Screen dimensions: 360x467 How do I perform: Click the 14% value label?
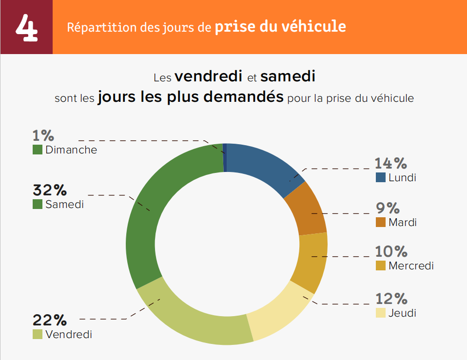(390, 164)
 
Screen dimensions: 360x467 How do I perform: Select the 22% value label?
(49, 320)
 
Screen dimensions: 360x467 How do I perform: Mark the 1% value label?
(43, 135)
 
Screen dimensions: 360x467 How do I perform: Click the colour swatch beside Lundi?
(381, 177)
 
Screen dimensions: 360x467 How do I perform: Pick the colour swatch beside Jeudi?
(381, 313)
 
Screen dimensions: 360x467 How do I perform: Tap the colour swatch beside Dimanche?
(38, 150)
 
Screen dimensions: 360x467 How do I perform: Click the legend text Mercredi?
(411, 266)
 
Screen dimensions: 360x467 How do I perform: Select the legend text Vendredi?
(68, 335)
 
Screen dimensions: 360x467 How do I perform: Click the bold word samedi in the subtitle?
(288, 76)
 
